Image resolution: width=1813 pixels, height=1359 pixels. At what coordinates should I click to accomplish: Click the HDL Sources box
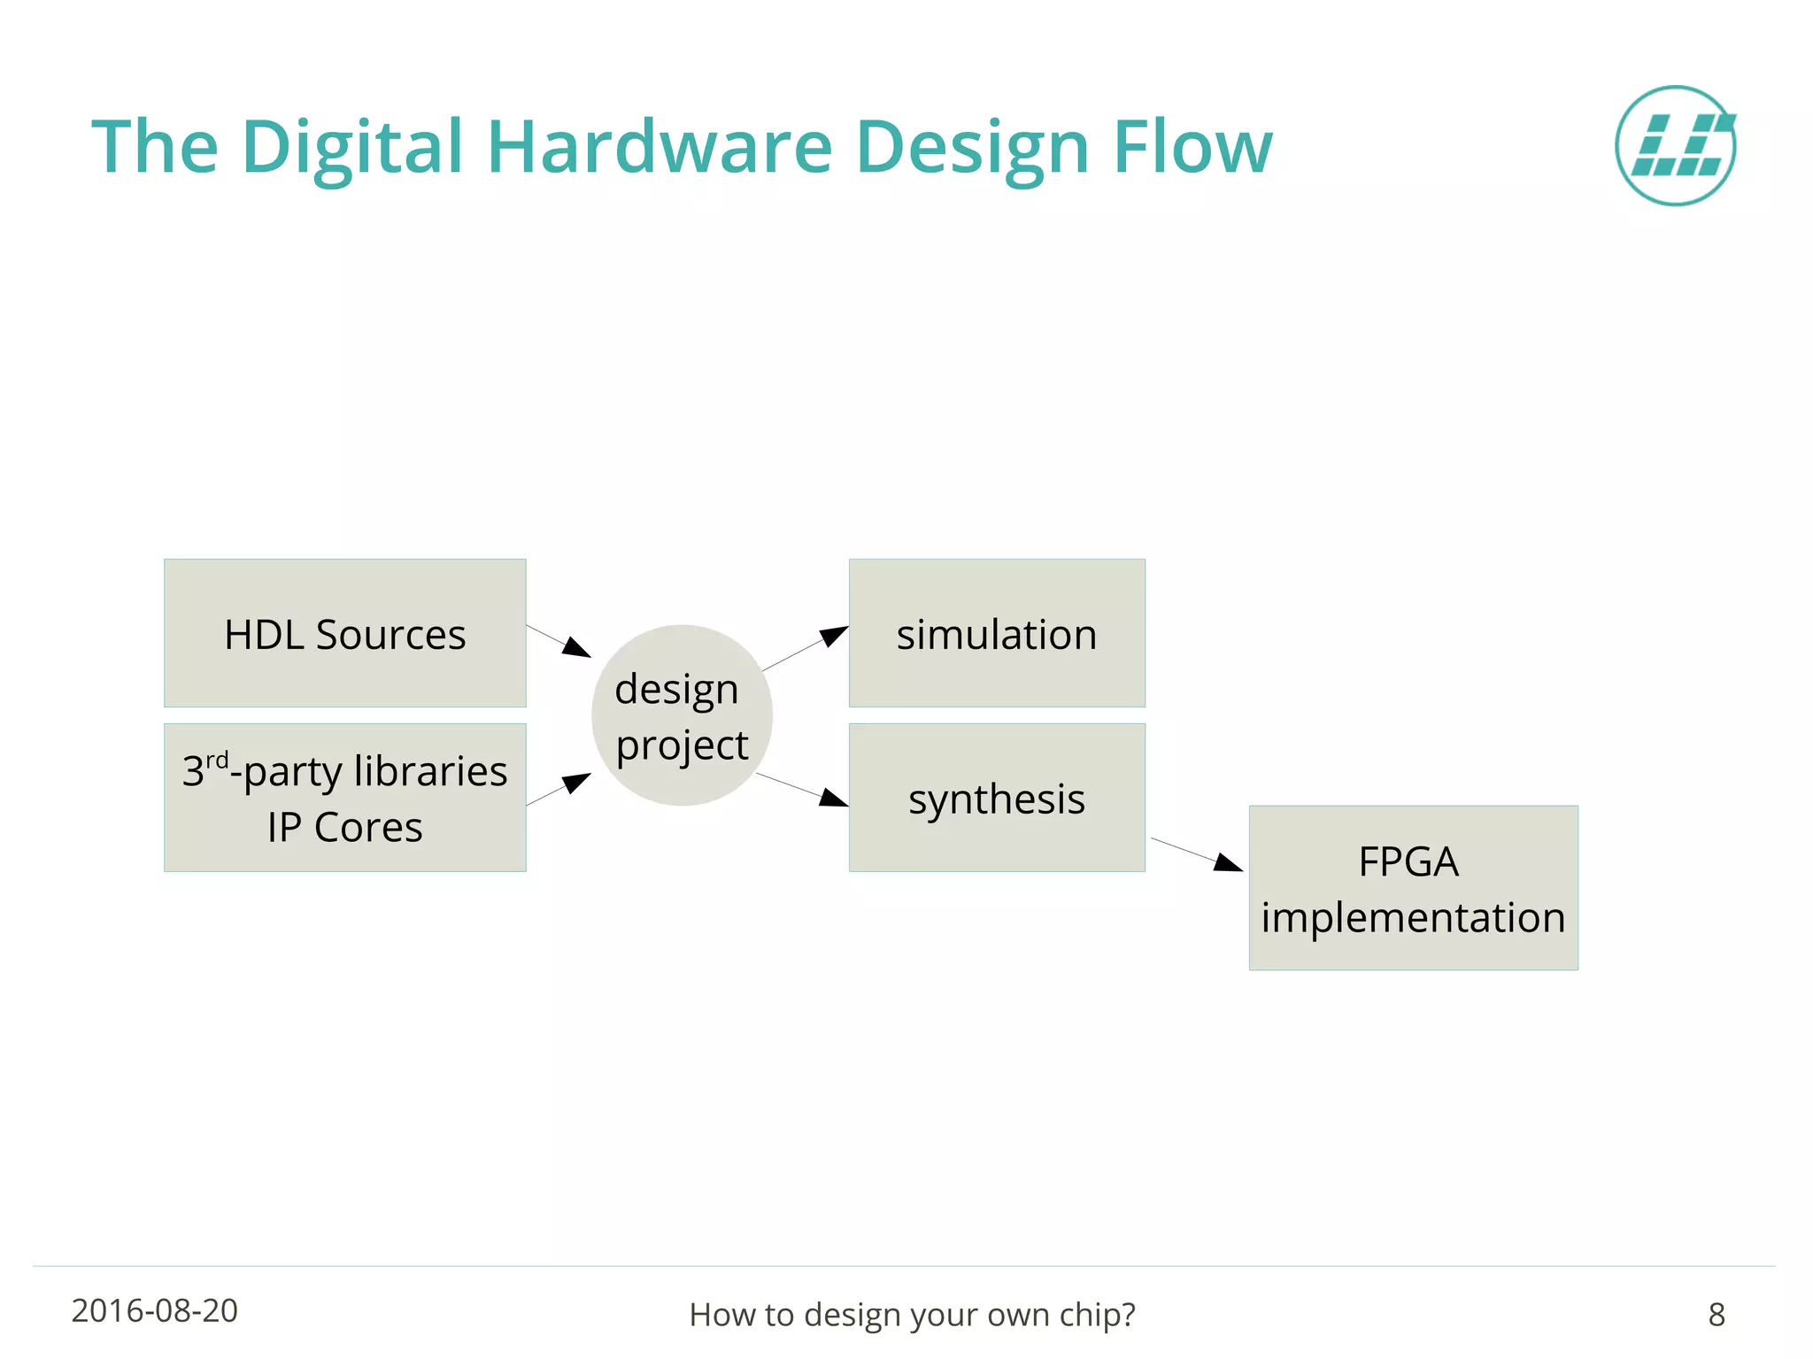(x=344, y=633)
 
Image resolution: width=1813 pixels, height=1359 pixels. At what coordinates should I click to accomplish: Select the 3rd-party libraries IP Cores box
(x=344, y=798)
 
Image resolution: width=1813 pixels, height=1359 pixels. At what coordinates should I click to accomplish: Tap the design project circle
(x=682, y=715)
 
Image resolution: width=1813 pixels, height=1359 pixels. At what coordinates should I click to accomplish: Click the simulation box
(x=997, y=633)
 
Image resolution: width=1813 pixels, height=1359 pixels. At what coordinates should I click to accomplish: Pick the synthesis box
(x=997, y=798)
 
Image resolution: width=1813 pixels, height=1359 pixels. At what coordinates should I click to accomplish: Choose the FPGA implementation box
(x=1413, y=888)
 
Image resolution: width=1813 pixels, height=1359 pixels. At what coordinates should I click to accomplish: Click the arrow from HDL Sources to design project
(x=559, y=641)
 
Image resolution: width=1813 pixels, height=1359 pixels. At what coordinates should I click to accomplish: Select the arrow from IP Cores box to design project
(x=559, y=789)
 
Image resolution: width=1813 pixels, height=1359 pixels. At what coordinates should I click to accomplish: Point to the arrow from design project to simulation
(x=805, y=648)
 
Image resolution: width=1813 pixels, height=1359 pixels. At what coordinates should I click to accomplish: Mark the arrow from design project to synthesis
(x=802, y=790)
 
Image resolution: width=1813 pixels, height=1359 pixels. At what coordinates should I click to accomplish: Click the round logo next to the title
(x=1675, y=146)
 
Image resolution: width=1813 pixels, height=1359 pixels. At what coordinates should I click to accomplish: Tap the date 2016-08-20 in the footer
(x=155, y=1311)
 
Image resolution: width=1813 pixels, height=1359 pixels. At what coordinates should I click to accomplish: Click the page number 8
(x=1716, y=1315)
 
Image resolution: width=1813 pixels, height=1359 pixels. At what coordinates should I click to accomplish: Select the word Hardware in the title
(x=660, y=147)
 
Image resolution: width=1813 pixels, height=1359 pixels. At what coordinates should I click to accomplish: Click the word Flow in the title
(x=1192, y=147)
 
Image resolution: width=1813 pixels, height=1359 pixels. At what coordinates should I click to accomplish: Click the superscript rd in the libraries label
(x=218, y=761)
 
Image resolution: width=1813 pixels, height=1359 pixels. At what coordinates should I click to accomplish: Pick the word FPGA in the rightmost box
(x=1408, y=861)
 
